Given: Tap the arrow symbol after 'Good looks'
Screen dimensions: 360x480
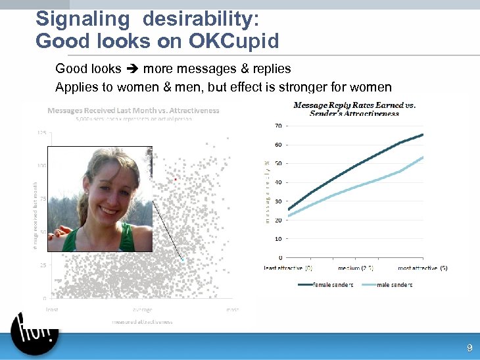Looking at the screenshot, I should click(x=132, y=68).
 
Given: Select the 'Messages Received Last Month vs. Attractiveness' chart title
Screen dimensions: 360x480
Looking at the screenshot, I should click(x=133, y=111).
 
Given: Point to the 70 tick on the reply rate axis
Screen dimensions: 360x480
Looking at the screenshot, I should click(x=279, y=126).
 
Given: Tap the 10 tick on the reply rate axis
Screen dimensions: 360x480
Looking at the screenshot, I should click(x=279, y=239).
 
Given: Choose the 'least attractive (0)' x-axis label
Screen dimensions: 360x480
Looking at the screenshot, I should click(x=288, y=268).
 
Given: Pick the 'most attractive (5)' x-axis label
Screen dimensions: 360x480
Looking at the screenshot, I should click(x=423, y=268).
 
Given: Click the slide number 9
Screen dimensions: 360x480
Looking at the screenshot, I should click(x=469, y=347).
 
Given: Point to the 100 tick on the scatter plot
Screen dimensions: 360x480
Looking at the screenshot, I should click(x=41, y=165).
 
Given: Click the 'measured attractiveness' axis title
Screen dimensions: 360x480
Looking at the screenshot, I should click(x=142, y=322).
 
